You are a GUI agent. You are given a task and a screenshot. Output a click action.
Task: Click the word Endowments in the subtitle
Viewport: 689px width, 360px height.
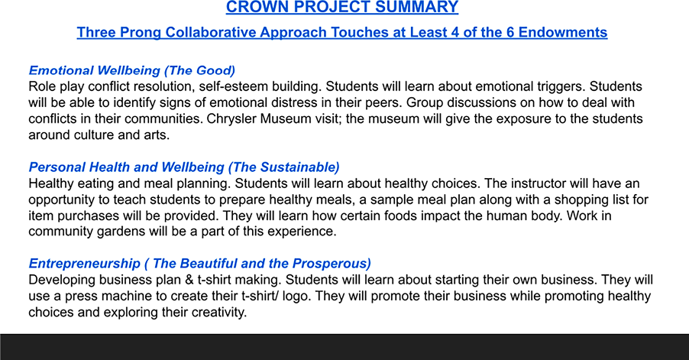click(x=563, y=33)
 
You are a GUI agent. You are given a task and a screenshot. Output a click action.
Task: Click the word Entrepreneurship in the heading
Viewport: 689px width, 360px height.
click(x=84, y=264)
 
